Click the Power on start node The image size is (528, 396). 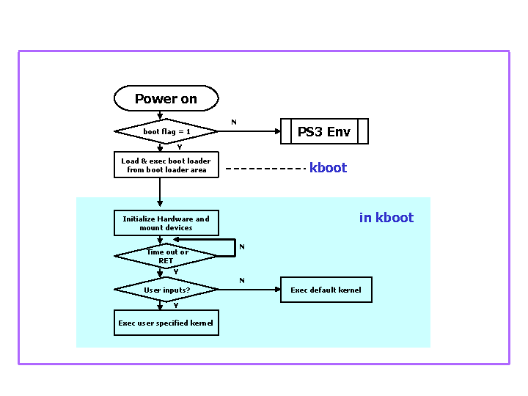(166, 98)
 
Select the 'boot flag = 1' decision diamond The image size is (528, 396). (166, 131)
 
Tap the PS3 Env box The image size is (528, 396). (323, 132)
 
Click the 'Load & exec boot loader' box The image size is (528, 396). (166, 165)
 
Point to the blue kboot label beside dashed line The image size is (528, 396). (328, 168)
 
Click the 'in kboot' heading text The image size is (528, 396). (386, 218)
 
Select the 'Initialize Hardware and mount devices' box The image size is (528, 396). (166, 223)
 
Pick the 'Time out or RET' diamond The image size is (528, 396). (166, 256)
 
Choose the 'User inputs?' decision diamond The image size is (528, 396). (166, 290)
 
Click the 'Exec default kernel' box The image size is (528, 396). (326, 290)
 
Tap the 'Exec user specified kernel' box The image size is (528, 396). (166, 323)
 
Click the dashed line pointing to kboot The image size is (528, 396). (264, 169)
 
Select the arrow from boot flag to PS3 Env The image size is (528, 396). (249, 132)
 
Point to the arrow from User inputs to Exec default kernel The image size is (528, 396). (249, 290)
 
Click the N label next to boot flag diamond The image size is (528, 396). (234, 122)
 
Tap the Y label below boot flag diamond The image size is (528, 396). (179, 147)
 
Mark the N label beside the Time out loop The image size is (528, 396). (241, 247)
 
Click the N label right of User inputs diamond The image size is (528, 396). (241, 280)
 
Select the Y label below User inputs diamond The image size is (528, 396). (175, 306)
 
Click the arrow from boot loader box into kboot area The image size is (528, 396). (159, 192)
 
